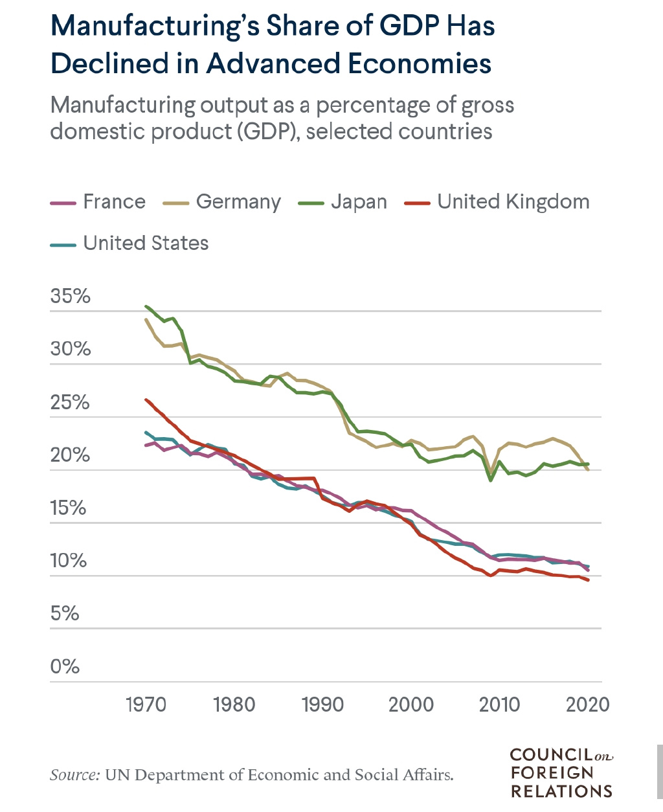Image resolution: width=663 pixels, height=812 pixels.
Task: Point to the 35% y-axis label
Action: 70,297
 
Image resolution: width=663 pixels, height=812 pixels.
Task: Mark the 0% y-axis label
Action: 65,666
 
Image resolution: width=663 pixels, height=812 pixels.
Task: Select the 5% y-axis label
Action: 65,613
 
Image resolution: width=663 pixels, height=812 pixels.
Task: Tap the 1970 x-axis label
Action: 146,705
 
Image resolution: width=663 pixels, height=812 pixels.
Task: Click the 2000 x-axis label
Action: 411,705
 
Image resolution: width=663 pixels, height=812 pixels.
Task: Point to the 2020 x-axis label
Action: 588,705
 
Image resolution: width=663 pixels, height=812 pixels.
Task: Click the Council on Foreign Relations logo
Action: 561,773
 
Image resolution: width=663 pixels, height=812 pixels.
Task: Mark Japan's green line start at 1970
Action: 147,306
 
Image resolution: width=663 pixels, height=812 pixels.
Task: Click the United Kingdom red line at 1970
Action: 147,400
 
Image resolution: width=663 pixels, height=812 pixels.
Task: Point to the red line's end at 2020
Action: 588,580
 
